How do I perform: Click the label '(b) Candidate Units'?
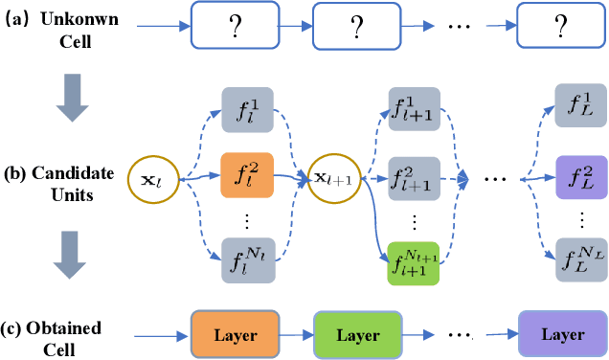coord(64,184)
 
